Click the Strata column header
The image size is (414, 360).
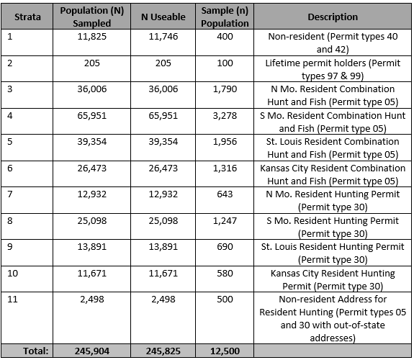pos(27,17)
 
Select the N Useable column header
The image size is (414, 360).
pos(163,17)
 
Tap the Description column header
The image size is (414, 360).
pos(333,17)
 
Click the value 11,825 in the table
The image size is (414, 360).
pos(92,37)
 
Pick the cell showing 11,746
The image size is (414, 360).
pos(163,37)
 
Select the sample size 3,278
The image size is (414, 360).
pos(225,116)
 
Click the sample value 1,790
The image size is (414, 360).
pos(225,89)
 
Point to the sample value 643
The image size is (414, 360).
pos(225,194)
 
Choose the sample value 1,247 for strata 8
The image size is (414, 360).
pos(225,220)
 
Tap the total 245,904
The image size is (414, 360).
pos(92,351)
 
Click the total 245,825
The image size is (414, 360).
pos(163,351)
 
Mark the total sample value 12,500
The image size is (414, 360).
pos(225,351)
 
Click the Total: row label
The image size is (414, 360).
pos(36,351)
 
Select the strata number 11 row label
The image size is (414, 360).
pos(12,300)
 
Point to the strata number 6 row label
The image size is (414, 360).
pos(10,168)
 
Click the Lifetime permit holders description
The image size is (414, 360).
pos(333,69)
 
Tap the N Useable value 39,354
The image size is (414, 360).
pos(163,142)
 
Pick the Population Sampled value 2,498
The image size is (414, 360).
pos(92,300)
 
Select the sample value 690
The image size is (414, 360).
pos(225,247)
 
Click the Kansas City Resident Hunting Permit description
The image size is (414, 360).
pos(333,279)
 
